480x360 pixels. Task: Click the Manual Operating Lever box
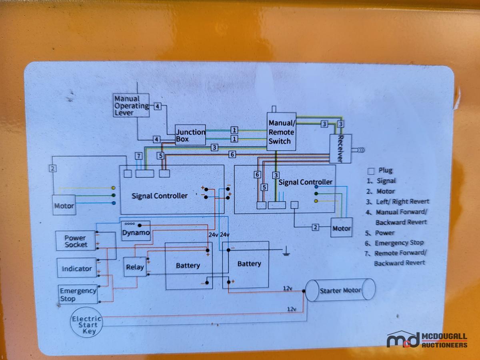pos(131,105)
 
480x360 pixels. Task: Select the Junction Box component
pos(190,135)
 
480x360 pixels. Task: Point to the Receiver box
pos(340,148)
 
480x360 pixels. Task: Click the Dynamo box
pos(136,231)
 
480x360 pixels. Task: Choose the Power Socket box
pos(76,241)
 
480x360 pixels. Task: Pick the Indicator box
pos(76,268)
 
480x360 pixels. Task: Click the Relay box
pos(135,267)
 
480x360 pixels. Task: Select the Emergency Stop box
pos(78,294)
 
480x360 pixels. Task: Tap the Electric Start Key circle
pos(87,324)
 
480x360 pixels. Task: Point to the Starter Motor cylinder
pos(340,290)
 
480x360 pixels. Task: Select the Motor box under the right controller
pos(341,228)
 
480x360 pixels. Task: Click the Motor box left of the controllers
pos(64,206)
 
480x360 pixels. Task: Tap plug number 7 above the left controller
pos(138,155)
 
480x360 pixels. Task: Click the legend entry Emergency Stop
pos(399,243)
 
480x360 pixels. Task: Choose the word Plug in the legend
pos(385,171)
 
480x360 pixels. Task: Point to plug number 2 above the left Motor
pos(53,168)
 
